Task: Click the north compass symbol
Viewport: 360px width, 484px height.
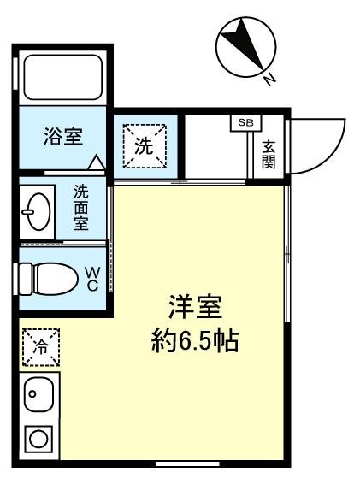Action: click(242, 48)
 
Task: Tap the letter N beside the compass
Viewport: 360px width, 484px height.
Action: click(269, 80)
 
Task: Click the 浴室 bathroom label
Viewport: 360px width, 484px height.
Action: click(63, 137)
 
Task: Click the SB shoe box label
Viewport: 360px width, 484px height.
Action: click(245, 122)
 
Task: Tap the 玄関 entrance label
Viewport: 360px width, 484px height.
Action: click(269, 154)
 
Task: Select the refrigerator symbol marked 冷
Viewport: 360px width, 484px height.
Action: click(38, 346)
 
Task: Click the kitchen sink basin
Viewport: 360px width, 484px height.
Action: click(38, 394)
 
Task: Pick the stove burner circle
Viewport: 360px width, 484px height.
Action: click(38, 440)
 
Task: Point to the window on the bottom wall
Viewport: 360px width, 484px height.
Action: click(186, 463)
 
